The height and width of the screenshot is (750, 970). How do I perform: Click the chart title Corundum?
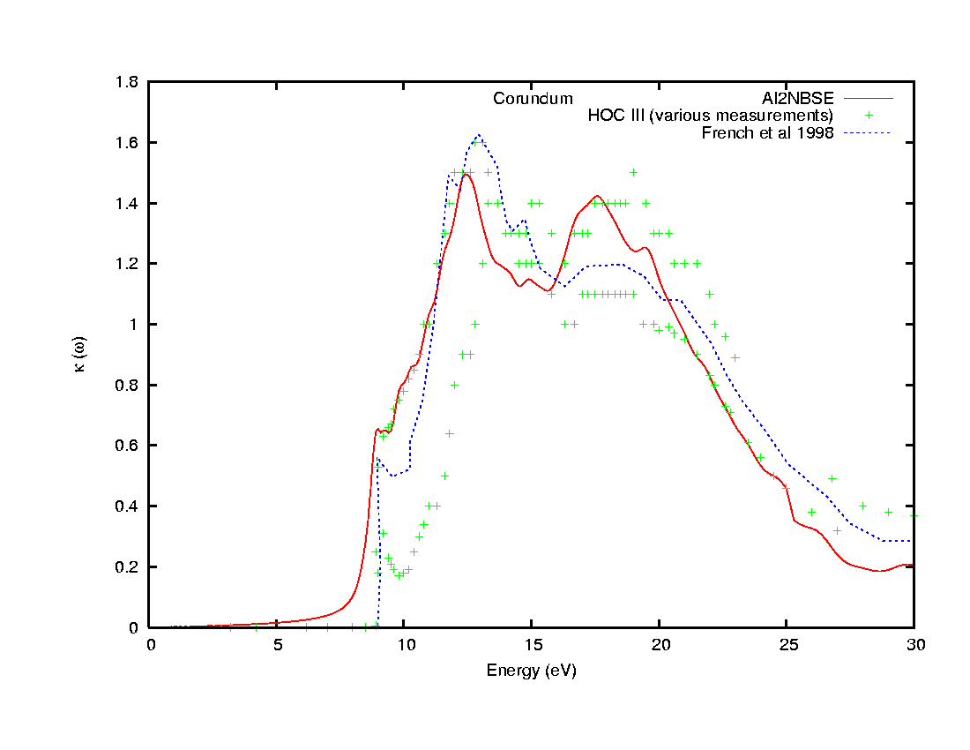(x=533, y=99)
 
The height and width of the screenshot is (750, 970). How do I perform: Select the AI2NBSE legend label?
(x=798, y=97)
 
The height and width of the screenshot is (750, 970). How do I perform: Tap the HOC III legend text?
(x=710, y=116)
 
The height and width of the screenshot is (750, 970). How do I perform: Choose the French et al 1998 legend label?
(x=767, y=133)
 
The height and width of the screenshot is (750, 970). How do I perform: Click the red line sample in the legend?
(x=869, y=98)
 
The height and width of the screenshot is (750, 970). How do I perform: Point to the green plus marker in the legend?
(x=869, y=116)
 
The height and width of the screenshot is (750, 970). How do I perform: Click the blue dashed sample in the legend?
(x=869, y=133)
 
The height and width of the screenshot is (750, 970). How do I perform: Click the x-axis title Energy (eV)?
(x=531, y=671)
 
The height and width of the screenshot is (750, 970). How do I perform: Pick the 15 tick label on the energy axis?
(x=532, y=645)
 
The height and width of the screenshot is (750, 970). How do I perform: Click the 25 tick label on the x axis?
(x=787, y=645)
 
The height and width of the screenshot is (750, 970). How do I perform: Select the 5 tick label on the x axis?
(x=277, y=645)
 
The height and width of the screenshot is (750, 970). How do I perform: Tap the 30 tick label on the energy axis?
(x=914, y=645)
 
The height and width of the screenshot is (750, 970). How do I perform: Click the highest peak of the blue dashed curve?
(x=478, y=135)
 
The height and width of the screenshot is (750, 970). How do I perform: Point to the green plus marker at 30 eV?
(x=914, y=514)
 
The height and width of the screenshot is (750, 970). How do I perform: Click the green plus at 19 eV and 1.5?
(x=633, y=172)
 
